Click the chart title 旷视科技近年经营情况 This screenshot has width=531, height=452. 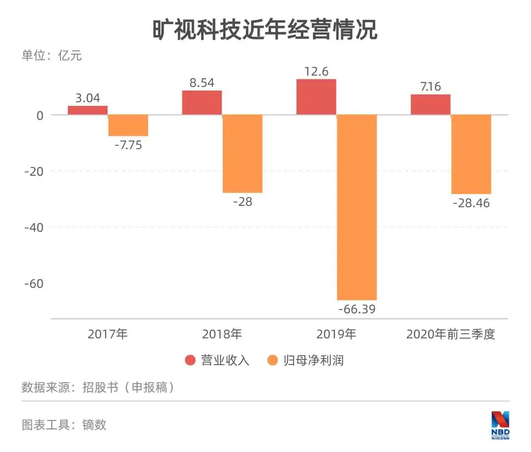coord(265,30)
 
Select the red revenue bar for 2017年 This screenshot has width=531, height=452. coord(88,110)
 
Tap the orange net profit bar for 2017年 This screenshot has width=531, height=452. coord(128,125)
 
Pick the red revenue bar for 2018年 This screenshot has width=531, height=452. coord(202,102)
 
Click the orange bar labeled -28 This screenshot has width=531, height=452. coord(242,154)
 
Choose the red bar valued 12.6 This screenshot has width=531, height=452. coord(316,97)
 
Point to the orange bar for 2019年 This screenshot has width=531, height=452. coord(356,207)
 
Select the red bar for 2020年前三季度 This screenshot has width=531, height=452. coord(430,104)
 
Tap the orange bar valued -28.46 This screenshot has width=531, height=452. coord(471,154)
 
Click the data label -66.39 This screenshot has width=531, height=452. coord(356,309)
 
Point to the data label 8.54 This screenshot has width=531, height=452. coord(202,83)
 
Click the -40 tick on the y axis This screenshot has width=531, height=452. coord(34,227)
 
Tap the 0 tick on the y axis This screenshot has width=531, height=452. coord(40,115)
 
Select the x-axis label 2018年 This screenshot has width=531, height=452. coord(222,334)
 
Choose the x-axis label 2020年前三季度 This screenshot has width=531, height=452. coord(450,334)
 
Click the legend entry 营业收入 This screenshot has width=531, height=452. coord(217,360)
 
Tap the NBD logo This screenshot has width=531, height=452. coord(501,424)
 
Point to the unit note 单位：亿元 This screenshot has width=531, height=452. coord(52,56)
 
